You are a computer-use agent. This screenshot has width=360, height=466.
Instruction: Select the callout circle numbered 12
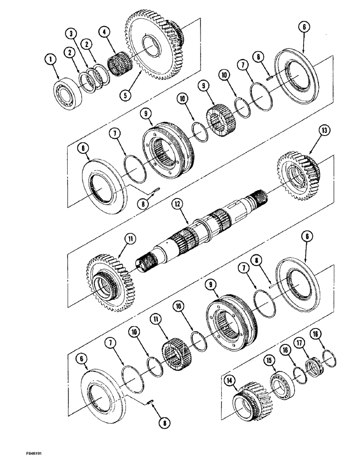[x=176, y=203]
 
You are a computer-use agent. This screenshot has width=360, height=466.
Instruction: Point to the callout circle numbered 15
[x=269, y=348]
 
